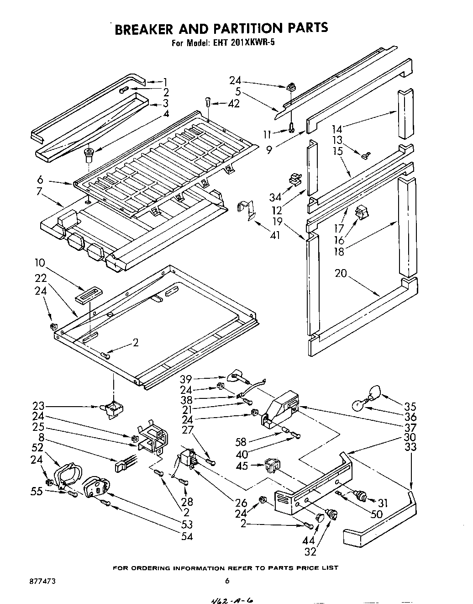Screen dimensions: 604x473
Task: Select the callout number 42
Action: (233, 104)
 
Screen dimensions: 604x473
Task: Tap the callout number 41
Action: (275, 236)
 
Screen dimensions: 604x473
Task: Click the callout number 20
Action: (341, 274)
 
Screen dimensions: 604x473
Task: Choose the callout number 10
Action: (39, 263)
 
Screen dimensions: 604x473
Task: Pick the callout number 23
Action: (39, 406)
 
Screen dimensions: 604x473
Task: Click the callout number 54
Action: (186, 536)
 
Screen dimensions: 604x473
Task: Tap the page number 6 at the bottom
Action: (226, 581)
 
